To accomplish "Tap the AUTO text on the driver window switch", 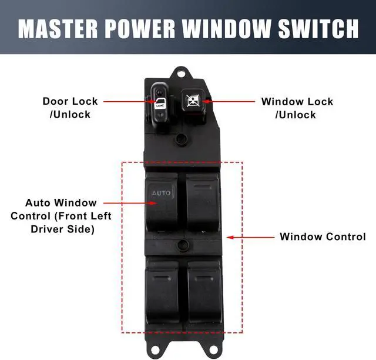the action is point(161,192).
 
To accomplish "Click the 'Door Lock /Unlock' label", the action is point(70,108).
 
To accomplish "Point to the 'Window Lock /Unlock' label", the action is point(297,108).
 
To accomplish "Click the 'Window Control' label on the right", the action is point(323,237).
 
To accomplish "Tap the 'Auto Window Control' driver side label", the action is point(61,216).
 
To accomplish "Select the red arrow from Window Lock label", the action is point(229,102).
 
